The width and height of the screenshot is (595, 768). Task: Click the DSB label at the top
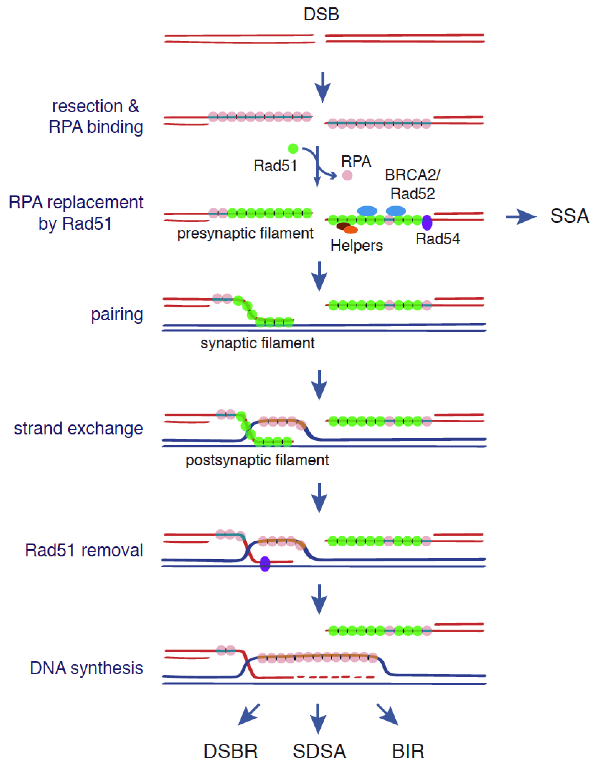tap(321, 15)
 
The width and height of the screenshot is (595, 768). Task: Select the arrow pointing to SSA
tap(521, 217)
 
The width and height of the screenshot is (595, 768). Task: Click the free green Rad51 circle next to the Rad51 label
tap(293, 149)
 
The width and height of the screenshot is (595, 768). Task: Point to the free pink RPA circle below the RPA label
tap(347, 175)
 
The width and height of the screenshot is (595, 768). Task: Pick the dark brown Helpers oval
tap(343, 226)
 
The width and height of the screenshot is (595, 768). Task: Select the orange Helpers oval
tap(351, 230)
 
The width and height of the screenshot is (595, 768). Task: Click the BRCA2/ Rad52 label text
tap(412, 184)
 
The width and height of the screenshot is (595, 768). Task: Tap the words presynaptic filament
tap(245, 233)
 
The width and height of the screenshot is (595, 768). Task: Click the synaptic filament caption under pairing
tap(257, 343)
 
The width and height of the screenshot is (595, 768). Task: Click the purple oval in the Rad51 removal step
tap(265, 564)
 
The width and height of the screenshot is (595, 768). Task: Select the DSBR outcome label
tap(231, 751)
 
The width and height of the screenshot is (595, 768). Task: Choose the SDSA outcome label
tap(319, 751)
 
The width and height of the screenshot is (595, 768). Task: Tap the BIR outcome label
tap(408, 751)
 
